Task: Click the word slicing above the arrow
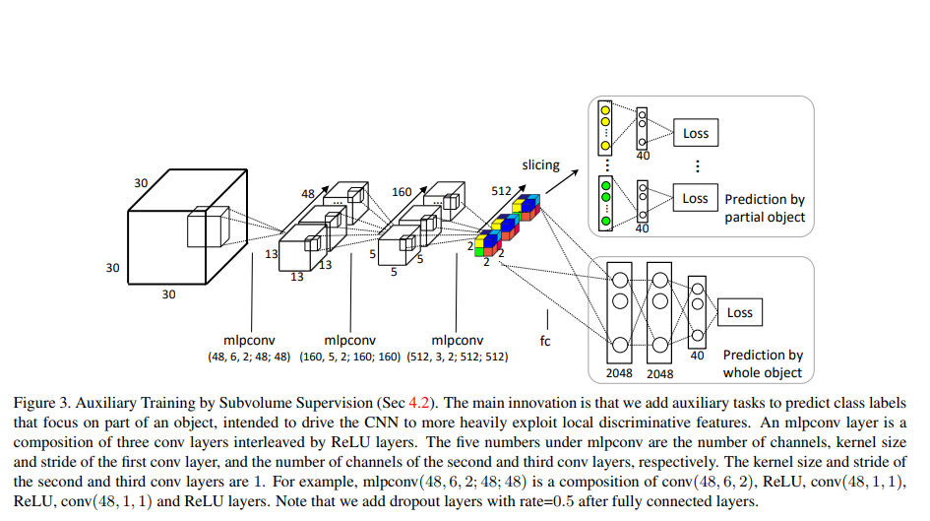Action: click(x=540, y=164)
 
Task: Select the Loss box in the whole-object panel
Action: click(x=739, y=313)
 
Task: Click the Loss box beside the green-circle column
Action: click(x=695, y=198)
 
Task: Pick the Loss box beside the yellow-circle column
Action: click(x=695, y=133)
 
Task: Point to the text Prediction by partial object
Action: click(x=765, y=208)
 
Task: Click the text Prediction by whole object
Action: click(x=763, y=363)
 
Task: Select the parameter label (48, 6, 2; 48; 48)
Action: click(x=249, y=356)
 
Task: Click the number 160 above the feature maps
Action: click(x=401, y=192)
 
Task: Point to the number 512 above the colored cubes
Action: click(x=502, y=192)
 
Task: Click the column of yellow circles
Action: click(x=606, y=126)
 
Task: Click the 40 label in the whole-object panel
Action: click(x=697, y=356)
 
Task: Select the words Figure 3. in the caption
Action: click(x=41, y=403)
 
